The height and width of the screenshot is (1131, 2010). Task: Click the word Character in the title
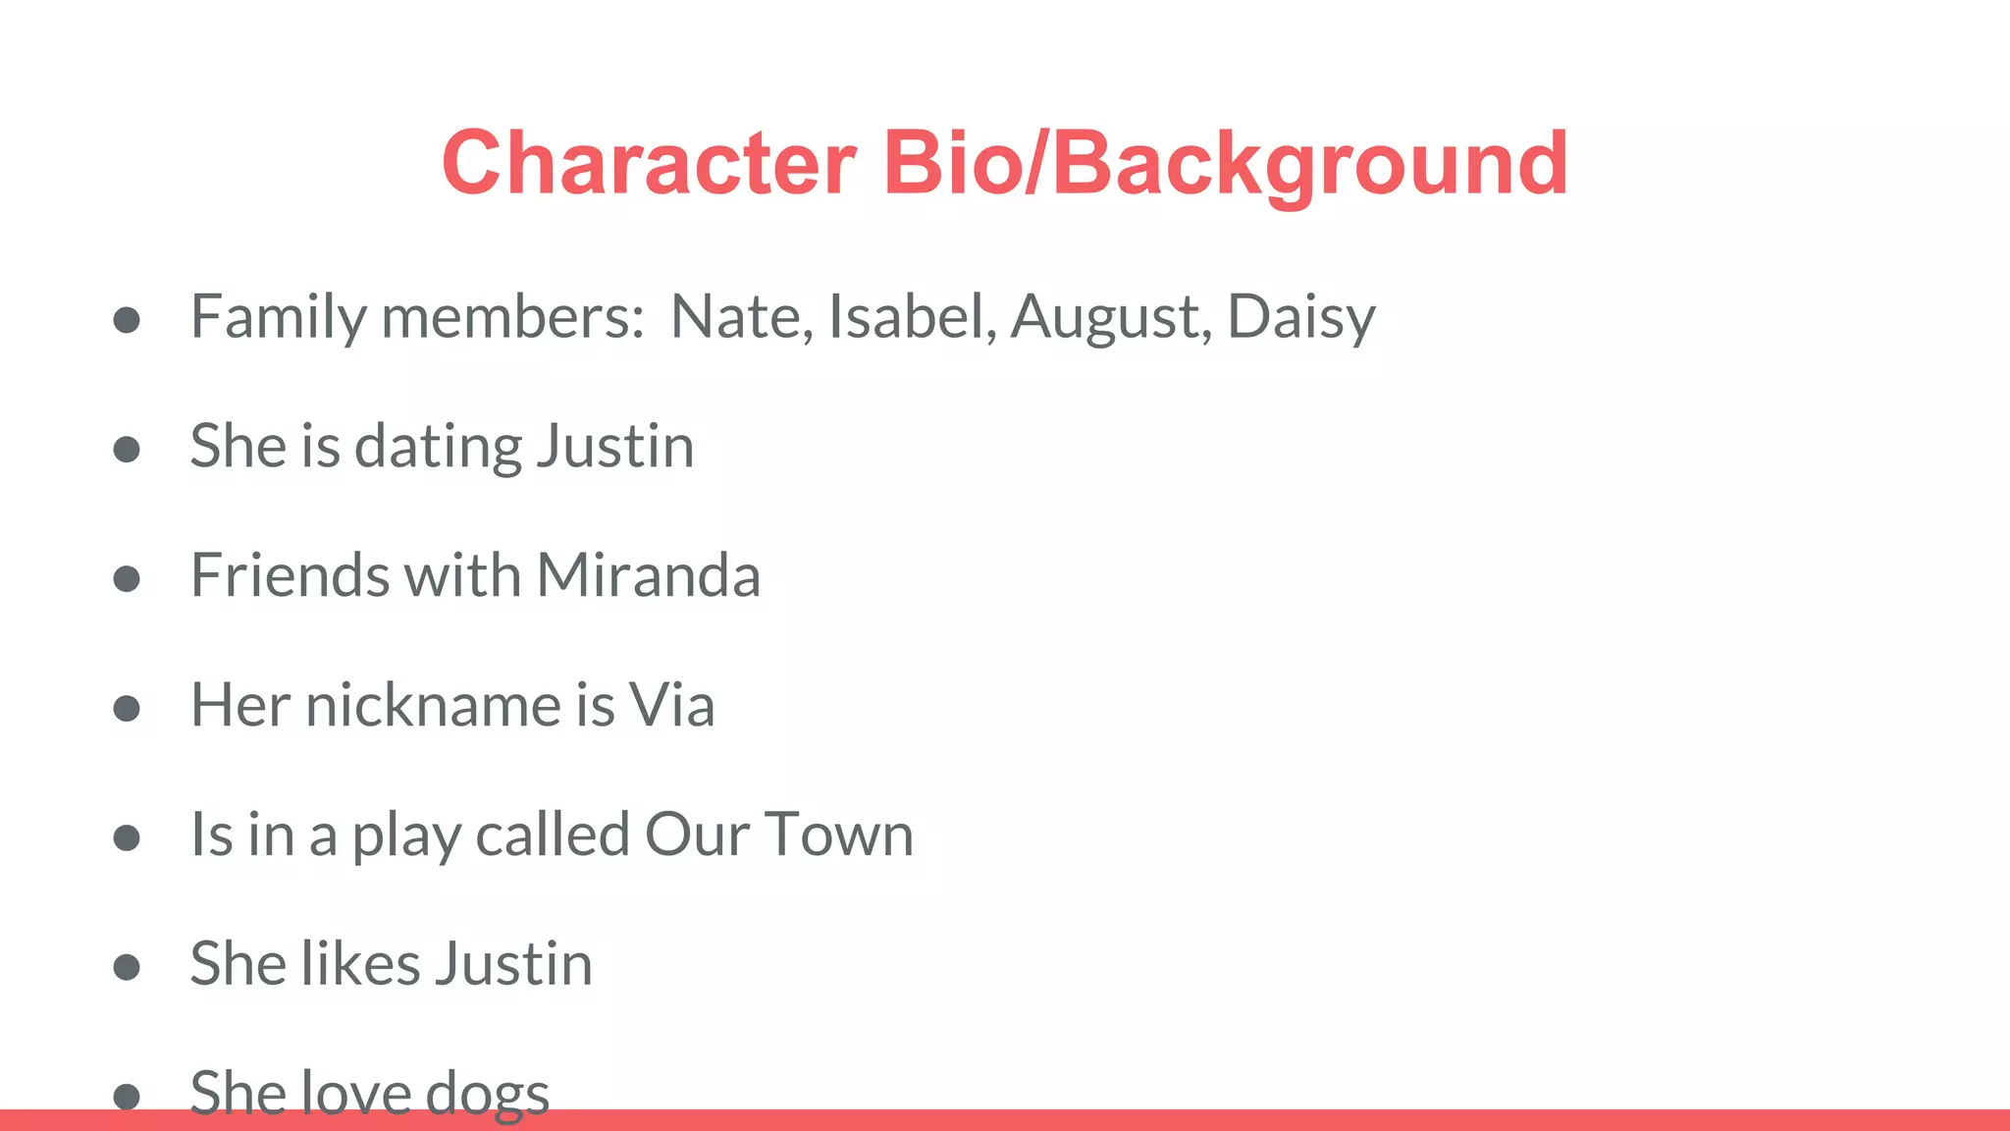(x=649, y=163)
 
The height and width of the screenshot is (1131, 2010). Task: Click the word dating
(x=437, y=448)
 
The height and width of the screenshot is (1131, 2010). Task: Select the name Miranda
(x=649, y=575)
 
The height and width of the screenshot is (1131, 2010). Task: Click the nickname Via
(x=671, y=705)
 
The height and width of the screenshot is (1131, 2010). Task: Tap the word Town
(x=838, y=835)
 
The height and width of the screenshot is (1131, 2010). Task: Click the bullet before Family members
(x=127, y=320)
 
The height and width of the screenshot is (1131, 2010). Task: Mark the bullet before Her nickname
(x=127, y=708)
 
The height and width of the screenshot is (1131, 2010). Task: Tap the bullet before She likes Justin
(x=127, y=967)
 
